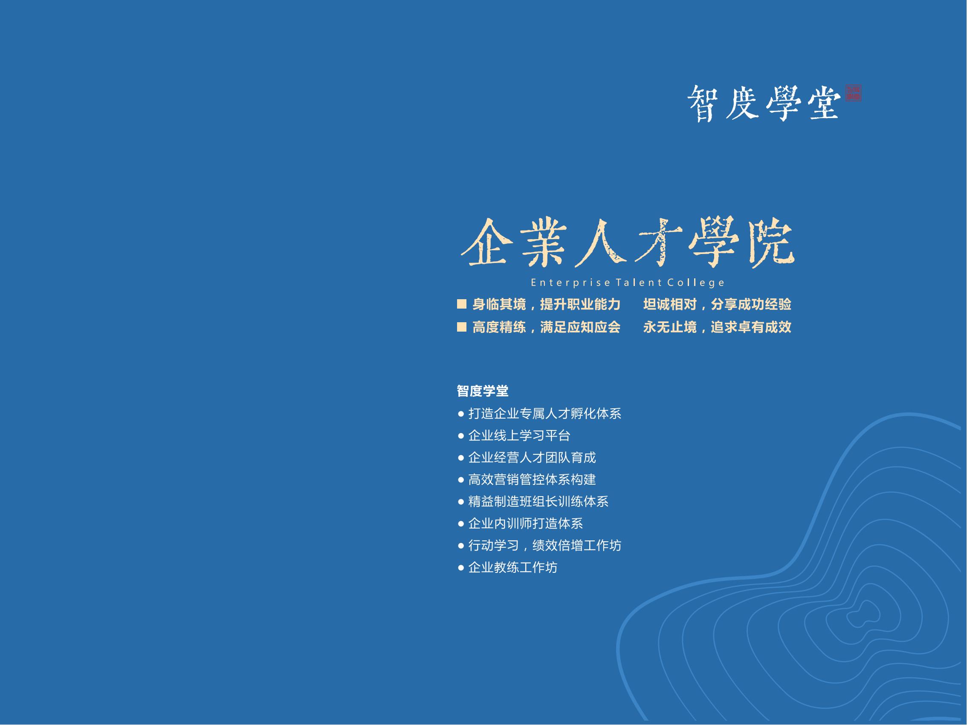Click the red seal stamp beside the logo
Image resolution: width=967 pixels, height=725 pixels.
coord(853,93)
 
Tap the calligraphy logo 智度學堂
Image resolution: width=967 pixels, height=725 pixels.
coord(764,103)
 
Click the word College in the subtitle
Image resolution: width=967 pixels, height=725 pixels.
coord(696,283)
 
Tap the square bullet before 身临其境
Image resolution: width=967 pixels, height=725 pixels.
coord(462,304)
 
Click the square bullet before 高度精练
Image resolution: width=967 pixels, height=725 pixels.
coord(462,327)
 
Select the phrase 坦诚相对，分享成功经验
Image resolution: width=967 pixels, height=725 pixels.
coord(717,304)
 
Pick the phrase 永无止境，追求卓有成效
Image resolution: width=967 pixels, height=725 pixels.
coord(717,327)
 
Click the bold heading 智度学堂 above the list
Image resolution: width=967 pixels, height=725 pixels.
coord(483,391)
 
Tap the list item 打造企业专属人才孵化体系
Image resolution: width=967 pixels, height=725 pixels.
coord(544,413)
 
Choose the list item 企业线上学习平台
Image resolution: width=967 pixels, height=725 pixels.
coord(519,435)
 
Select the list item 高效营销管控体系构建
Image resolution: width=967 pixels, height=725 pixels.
coord(532,479)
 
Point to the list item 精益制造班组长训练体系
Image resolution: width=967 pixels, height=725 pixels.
coord(538,501)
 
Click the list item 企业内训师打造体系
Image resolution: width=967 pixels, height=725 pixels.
coord(525,523)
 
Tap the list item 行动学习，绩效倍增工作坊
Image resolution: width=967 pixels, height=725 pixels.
coord(544,546)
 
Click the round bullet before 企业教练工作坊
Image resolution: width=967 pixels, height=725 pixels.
coord(461,568)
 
